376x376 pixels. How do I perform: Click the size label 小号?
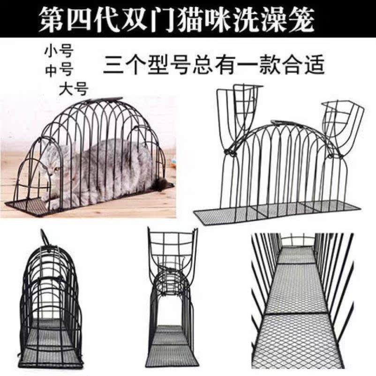coord(59,52)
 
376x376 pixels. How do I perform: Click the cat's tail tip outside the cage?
coord(162,187)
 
